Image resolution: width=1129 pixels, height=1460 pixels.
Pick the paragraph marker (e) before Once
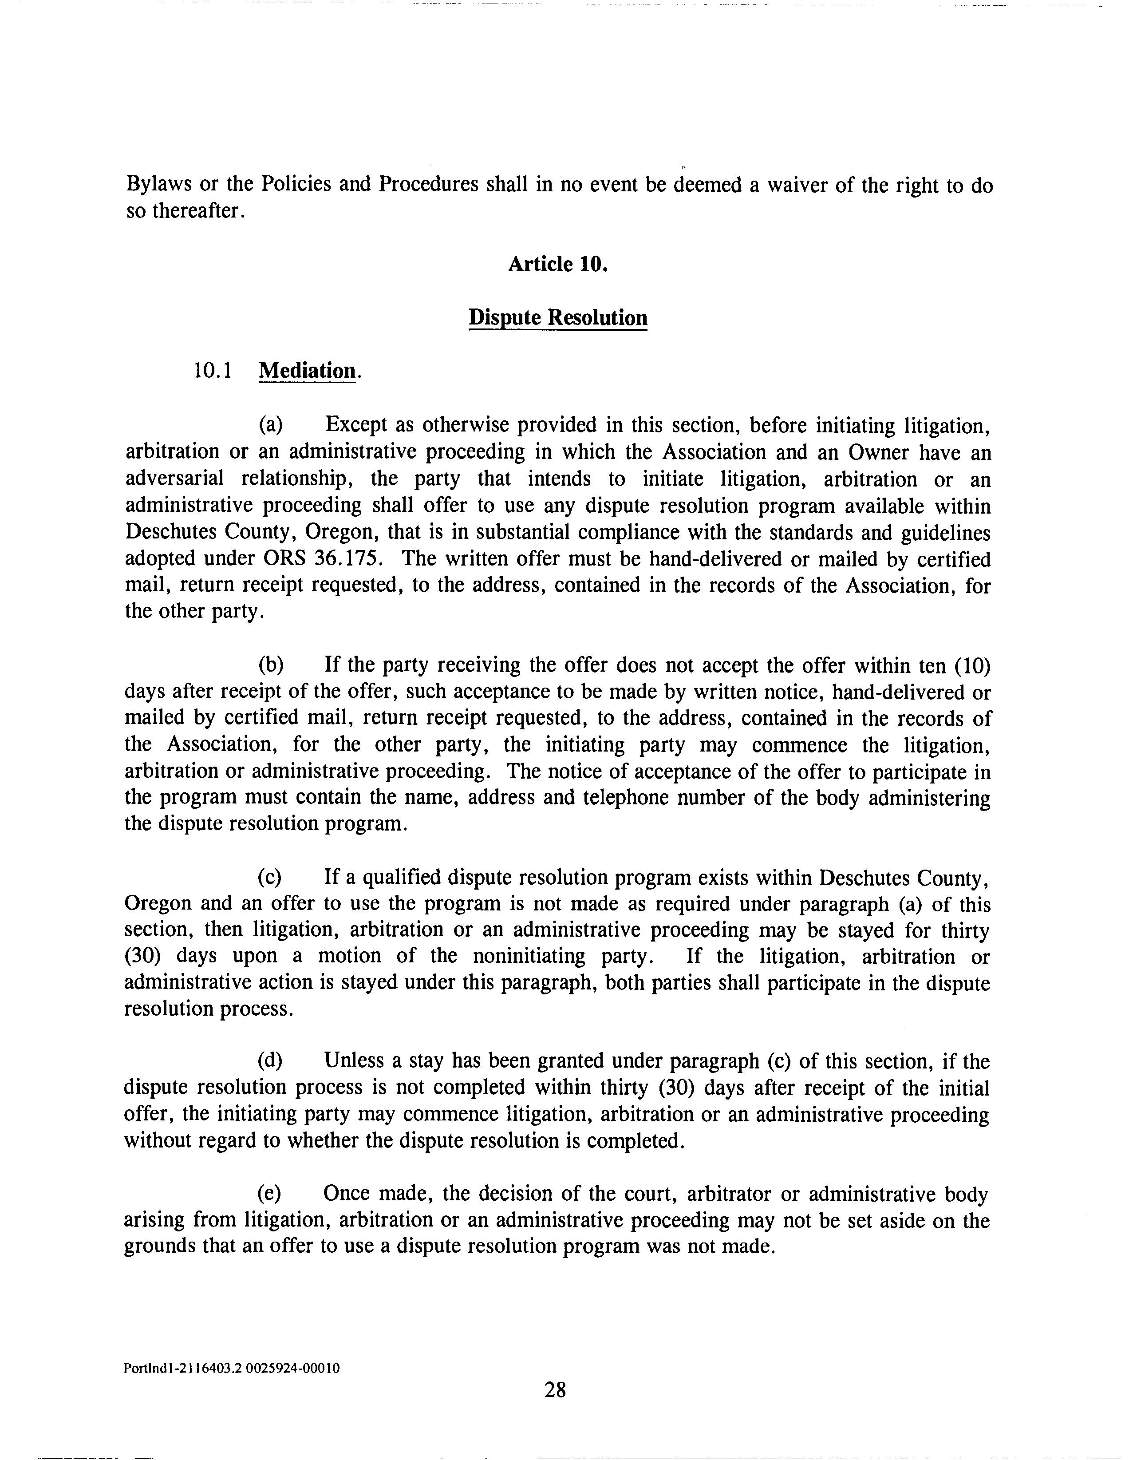tap(270, 1195)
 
